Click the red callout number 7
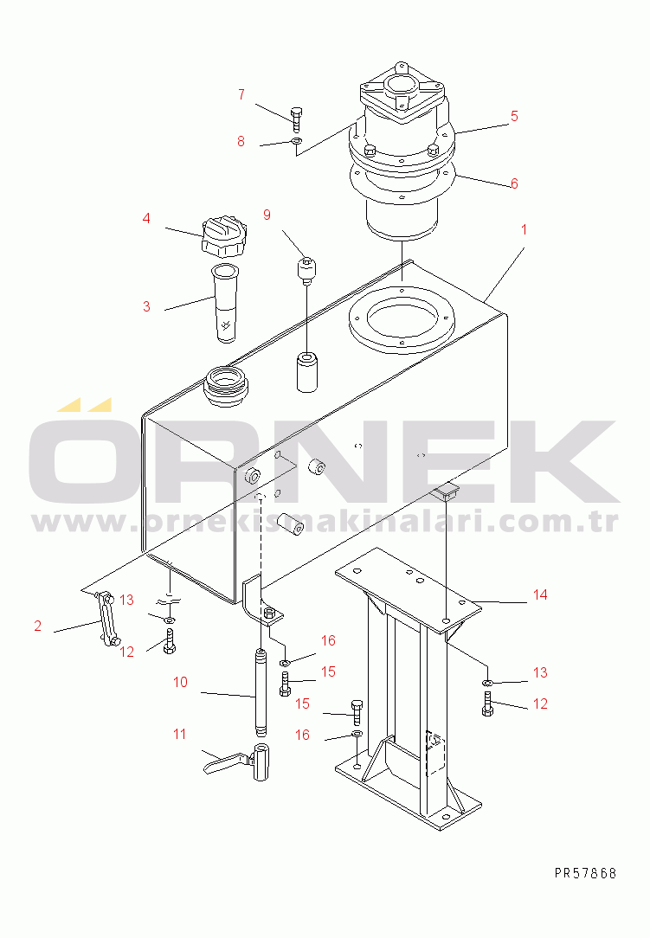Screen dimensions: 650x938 [x=241, y=94]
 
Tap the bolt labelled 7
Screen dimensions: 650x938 [x=296, y=119]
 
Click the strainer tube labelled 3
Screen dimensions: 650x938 [x=226, y=304]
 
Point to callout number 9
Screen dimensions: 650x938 [x=267, y=215]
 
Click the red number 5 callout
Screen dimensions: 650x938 [x=514, y=116]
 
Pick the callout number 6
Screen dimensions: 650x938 [x=514, y=183]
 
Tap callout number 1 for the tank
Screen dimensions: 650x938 [x=525, y=229]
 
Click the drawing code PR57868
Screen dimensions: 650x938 [x=585, y=873]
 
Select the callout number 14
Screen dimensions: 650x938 [x=540, y=594]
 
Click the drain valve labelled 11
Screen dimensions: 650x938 [x=238, y=761]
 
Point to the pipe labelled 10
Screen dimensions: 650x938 [x=261, y=693]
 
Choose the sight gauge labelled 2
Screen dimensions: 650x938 [x=106, y=619]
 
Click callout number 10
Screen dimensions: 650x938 [x=180, y=683]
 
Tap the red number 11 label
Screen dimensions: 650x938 [x=179, y=734]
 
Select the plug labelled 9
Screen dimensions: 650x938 [x=306, y=270]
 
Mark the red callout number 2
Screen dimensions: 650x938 [x=38, y=626]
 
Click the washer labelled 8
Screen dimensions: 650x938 [x=296, y=141]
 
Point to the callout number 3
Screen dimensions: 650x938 [x=146, y=307]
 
